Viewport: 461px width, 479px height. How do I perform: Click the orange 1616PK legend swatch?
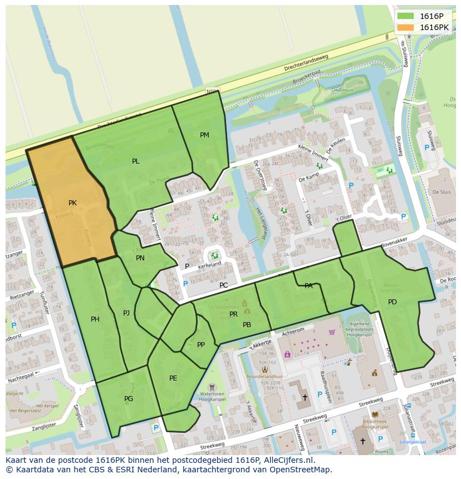coord(406,27)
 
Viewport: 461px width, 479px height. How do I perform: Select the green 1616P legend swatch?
coord(406,16)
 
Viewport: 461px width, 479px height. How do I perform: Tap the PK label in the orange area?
coord(72,203)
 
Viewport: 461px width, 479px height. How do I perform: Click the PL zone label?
coord(136,161)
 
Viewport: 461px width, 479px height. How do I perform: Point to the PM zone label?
coord(204,135)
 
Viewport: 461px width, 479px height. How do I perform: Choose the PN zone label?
coord(140,258)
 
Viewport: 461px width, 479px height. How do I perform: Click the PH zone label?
coord(95,319)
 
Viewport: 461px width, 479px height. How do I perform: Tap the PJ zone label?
coord(126,313)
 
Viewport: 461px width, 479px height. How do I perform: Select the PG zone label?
coord(129,399)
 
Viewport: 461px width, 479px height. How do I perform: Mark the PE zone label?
coord(173,378)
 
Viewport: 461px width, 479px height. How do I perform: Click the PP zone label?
coord(201,345)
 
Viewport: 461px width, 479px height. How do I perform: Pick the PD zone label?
coord(393,302)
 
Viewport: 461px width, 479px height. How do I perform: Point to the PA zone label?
coord(308,286)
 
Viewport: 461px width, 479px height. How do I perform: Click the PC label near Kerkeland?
coord(223,285)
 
